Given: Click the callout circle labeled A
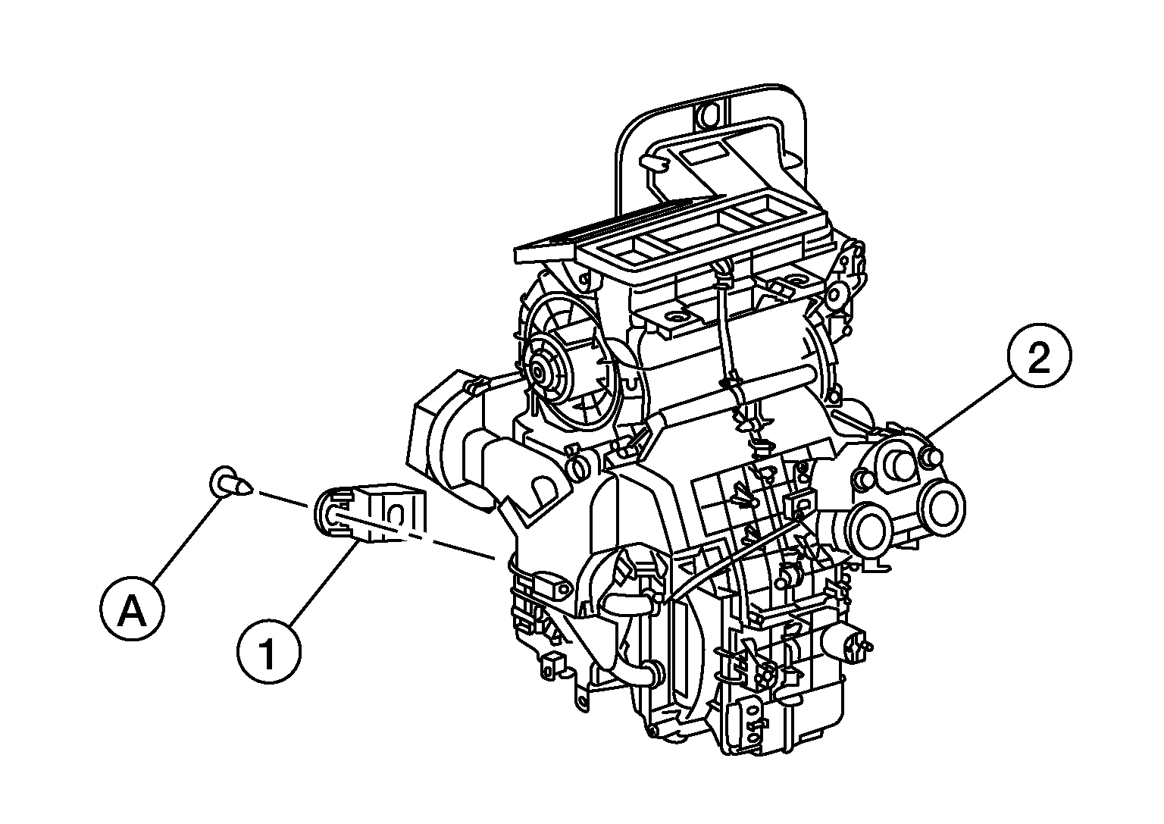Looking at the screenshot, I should (x=132, y=611).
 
